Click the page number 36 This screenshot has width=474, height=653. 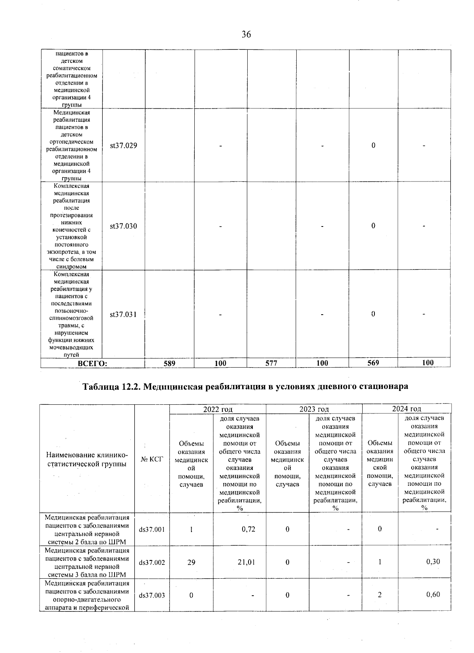pyautogui.click(x=246, y=35)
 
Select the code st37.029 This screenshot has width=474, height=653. pyautogui.click(x=124, y=145)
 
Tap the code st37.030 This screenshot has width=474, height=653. pyautogui.click(x=124, y=226)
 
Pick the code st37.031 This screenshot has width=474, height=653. pyautogui.click(x=124, y=315)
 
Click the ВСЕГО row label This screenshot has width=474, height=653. pyautogui.click(x=93, y=363)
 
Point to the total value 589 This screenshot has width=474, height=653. pyautogui.click(x=169, y=363)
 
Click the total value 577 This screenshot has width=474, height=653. pyautogui.click(x=271, y=363)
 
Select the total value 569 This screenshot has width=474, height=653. pyautogui.click(x=373, y=363)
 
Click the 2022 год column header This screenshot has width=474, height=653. pyautogui.click(x=218, y=409)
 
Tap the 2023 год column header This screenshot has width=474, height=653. pyautogui.click(x=314, y=409)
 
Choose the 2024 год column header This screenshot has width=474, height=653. pyautogui.click(x=406, y=409)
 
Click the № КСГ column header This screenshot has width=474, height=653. pyautogui.click(x=152, y=459)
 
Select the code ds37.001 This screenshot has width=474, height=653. pyautogui.click(x=152, y=529)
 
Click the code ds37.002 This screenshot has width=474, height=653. pyautogui.click(x=152, y=562)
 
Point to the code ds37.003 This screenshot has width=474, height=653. pyautogui.click(x=152, y=595)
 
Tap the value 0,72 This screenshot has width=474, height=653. pyautogui.click(x=248, y=529)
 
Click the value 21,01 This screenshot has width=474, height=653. pyautogui.click(x=246, y=562)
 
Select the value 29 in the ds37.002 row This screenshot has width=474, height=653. pyautogui.click(x=191, y=562)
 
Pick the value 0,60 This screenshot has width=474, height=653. pyautogui.click(x=433, y=594)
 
